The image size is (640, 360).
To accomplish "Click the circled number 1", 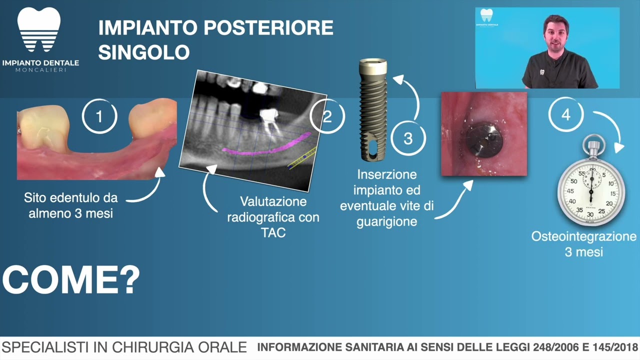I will (99, 116).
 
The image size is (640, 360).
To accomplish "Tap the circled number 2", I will (327, 116).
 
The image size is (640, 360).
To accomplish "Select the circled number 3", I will (408, 138).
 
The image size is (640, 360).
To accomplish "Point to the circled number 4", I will (565, 115).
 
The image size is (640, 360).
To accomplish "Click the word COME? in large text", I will (71, 280).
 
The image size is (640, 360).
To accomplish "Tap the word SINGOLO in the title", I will (144, 52).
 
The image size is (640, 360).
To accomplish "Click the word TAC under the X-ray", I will (273, 233).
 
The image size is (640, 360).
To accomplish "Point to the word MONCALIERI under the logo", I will (40, 70).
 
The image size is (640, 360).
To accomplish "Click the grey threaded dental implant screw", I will (373, 110).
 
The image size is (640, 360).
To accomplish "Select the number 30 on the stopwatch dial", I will (590, 213).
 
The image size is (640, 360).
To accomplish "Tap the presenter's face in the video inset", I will (555, 34).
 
